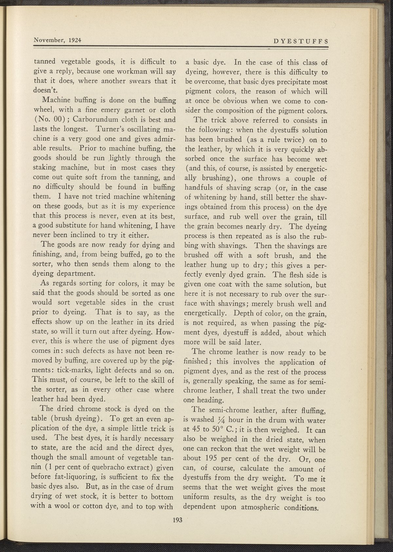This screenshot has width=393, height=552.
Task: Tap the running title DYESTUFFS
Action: pos(301,41)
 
